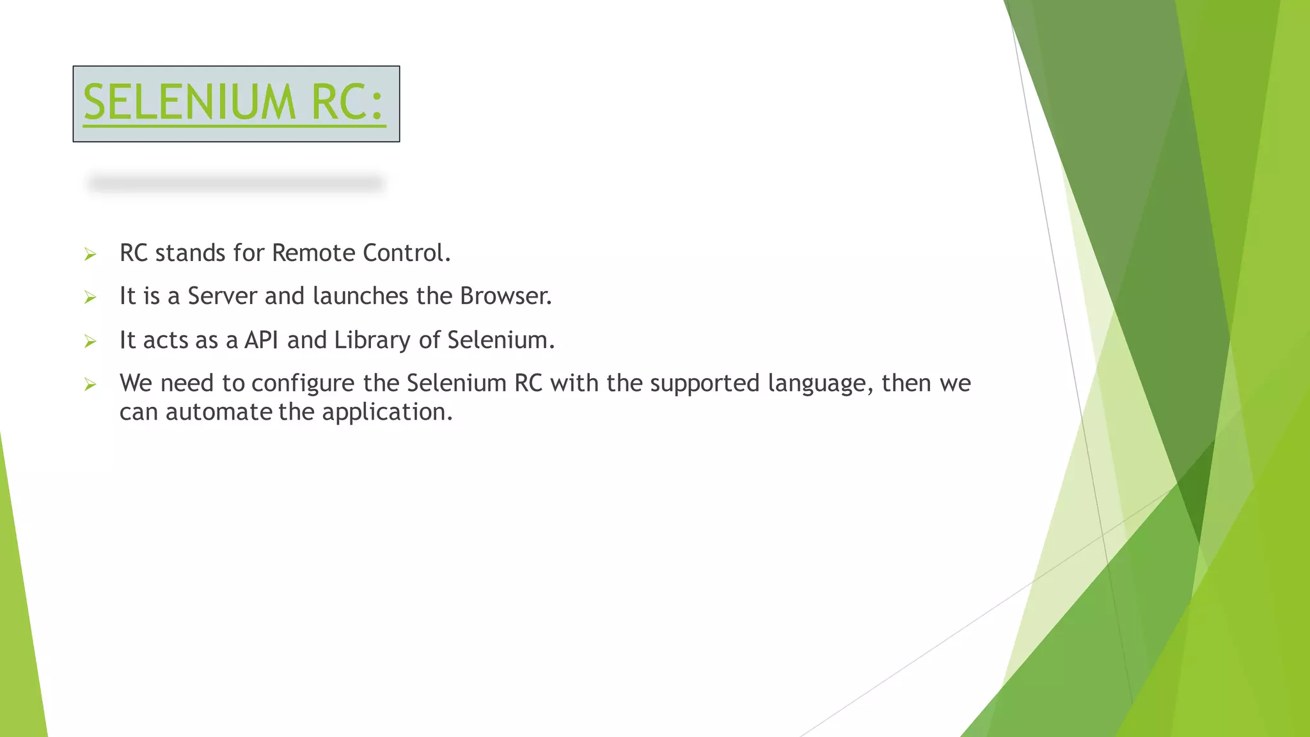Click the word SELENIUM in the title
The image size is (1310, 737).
189,102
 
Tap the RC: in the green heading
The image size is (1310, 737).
347,102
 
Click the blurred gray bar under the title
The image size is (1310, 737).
235,184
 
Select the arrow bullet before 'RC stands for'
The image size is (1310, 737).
90,255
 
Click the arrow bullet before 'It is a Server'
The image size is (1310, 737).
90,297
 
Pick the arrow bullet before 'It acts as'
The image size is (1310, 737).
90,342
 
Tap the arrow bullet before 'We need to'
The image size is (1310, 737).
90,384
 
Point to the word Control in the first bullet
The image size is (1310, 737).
406,253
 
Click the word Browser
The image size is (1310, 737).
505,296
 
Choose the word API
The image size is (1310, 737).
261,340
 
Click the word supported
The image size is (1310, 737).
704,384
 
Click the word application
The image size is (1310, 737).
387,413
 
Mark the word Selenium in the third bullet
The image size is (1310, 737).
500,340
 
